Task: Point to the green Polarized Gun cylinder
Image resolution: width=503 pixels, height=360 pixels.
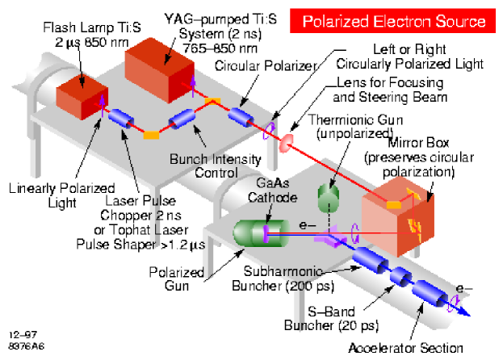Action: coord(256,232)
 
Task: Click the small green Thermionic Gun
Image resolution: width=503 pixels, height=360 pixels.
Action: coord(327,198)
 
